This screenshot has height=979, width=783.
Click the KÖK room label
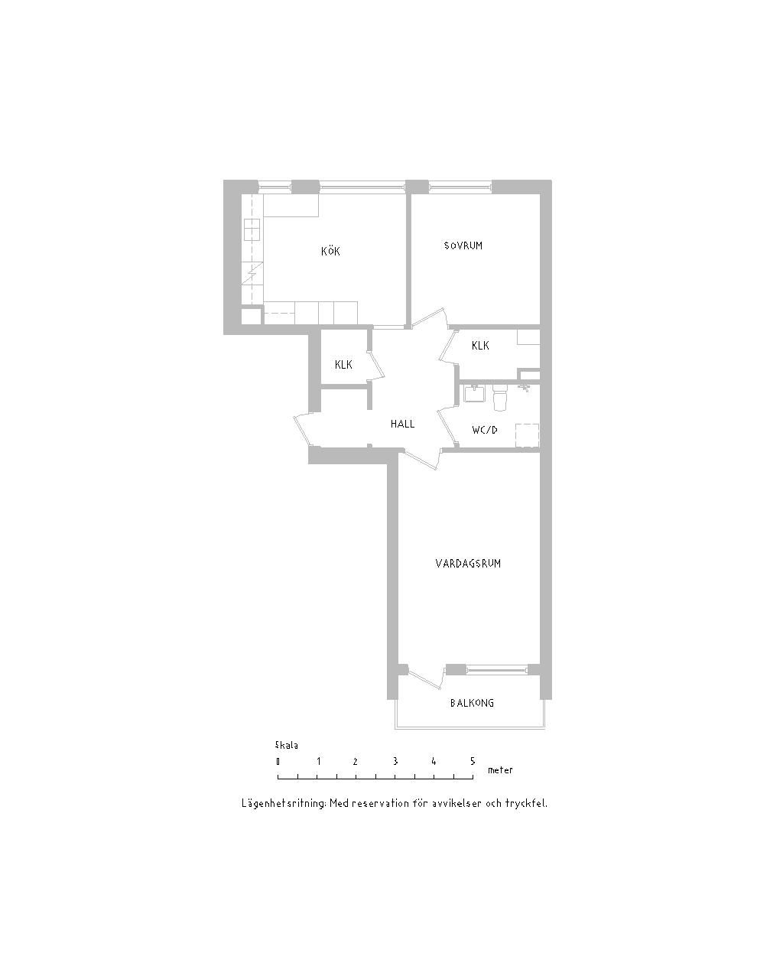(x=330, y=251)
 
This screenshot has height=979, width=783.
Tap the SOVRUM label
(x=463, y=246)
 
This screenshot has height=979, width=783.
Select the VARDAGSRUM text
(x=468, y=564)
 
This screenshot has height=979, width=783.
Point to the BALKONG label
(x=472, y=703)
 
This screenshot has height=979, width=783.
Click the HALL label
(x=402, y=424)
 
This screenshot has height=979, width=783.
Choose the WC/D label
(x=485, y=430)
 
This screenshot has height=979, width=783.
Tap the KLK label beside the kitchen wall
(x=343, y=364)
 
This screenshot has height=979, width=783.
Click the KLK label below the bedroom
(x=480, y=346)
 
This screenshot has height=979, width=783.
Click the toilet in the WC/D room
(x=500, y=397)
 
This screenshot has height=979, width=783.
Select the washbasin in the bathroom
(x=475, y=393)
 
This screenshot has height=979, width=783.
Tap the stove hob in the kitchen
(x=252, y=229)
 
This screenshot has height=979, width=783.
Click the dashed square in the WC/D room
(x=527, y=436)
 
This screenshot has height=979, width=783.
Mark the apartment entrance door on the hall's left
(x=302, y=429)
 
